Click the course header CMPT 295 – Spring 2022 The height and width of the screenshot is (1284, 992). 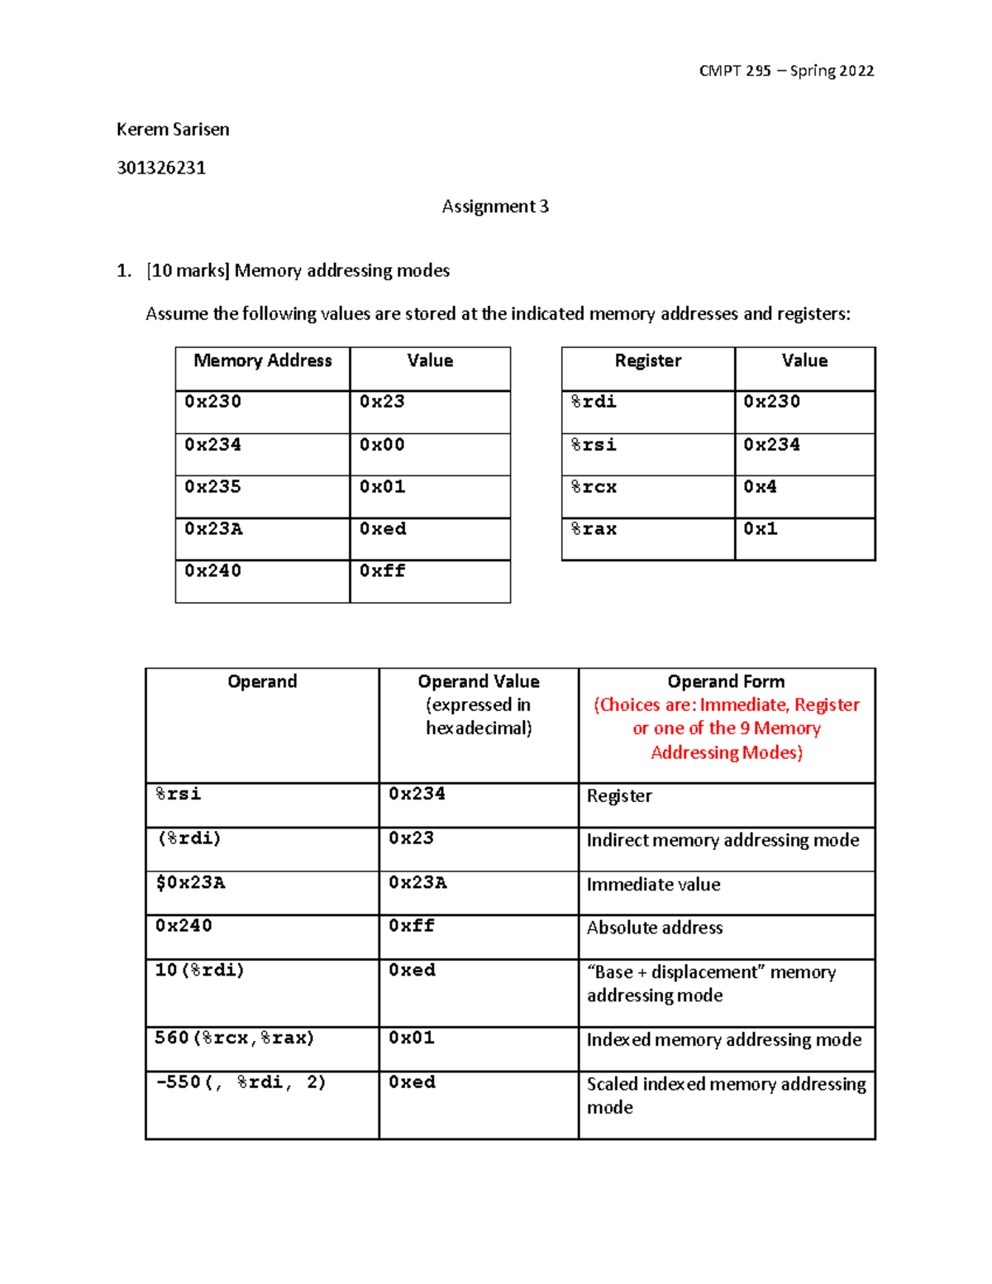tap(785, 71)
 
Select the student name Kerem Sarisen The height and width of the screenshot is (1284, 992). tap(173, 130)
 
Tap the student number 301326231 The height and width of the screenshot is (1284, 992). tap(161, 168)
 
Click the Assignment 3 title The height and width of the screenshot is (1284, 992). tap(494, 207)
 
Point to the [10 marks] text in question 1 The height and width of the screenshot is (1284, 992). tap(188, 271)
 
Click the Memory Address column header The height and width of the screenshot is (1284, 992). tap(262, 361)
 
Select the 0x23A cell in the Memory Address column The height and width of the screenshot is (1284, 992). tap(213, 529)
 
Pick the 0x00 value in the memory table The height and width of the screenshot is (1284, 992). tap(382, 445)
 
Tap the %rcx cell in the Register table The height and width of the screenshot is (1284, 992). tap(594, 487)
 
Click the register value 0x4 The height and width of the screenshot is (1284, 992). tap(760, 487)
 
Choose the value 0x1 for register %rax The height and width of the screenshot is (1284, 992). tap(760, 529)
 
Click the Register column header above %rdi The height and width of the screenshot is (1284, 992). tap(647, 361)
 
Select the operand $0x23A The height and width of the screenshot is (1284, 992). tap(190, 883)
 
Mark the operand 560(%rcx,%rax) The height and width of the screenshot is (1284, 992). tap(235, 1038)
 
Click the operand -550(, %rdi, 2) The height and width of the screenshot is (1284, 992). tap(241, 1082)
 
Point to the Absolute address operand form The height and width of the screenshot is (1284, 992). tap(655, 928)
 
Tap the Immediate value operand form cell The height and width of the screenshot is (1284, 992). tap(653, 885)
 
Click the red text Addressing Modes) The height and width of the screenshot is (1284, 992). tap(726, 752)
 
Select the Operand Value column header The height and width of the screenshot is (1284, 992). tap(478, 682)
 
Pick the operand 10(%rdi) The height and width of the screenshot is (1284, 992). tap(199, 971)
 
